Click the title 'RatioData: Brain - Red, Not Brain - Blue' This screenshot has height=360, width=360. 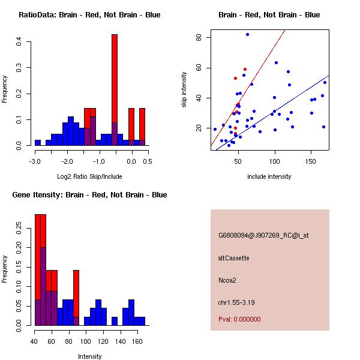point(89,15)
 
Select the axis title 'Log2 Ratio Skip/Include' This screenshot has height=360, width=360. point(89,176)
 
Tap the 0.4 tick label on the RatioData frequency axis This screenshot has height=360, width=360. point(20,41)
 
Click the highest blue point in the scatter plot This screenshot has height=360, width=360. point(247,35)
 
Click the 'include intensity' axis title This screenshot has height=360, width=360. point(269,176)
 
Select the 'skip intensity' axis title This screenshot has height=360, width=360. point(184,90)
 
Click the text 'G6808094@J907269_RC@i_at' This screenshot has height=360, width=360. point(263,236)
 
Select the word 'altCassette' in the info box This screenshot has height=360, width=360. point(233,258)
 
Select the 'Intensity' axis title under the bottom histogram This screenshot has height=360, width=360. point(89,356)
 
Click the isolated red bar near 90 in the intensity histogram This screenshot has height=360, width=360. point(76,294)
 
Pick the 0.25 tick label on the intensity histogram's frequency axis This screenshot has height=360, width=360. point(20,228)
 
